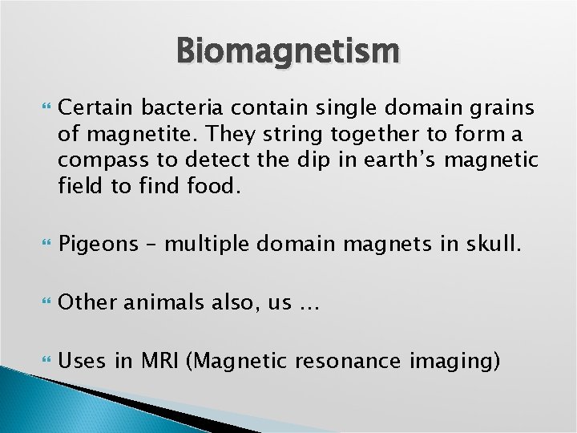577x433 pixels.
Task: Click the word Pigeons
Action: coord(99,245)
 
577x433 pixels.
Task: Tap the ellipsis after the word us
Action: coord(308,305)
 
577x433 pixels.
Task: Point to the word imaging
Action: coord(454,360)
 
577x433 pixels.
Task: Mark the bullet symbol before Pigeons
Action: coord(43,245)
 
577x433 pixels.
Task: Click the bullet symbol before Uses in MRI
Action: coord(43,360)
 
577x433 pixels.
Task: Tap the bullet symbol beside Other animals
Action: coord(43,302)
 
